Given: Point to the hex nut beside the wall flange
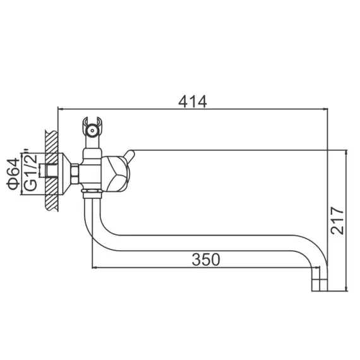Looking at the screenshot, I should [75, 172].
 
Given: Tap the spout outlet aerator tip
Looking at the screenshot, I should [320, 285].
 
